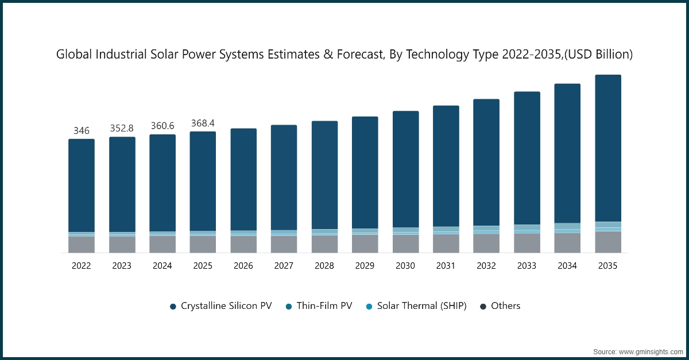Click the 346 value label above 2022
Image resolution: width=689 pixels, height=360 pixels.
pyautogui.click(x=82, y=131)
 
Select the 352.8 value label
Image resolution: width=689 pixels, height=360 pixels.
pyautogui.click(x=122, y=128)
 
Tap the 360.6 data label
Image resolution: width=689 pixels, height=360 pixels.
pyautogui.click(x=162, y=126)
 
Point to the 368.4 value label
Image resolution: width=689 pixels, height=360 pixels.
pyautogui.click(x=203, y=123)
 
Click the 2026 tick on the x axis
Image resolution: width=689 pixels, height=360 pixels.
pyautogui.click(x=243, y=266)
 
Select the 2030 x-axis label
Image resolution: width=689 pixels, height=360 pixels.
pyautogui.click(x=405, y=266)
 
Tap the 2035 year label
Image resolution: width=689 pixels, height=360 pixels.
pyautogui.click(x=607, y=266)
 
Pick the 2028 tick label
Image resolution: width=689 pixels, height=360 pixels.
pyautogui.click(x=324, y=266)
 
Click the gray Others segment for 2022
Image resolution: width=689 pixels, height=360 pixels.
pyautogui.click(x=82, y=245)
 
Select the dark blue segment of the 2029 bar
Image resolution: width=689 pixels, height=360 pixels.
pyautogui.click(x=365, y=172)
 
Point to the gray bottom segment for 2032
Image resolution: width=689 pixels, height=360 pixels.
pyautogui.click(x=486, y=243)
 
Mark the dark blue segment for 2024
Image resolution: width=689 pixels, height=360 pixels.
pyautogui.click(x=162, y=183)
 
